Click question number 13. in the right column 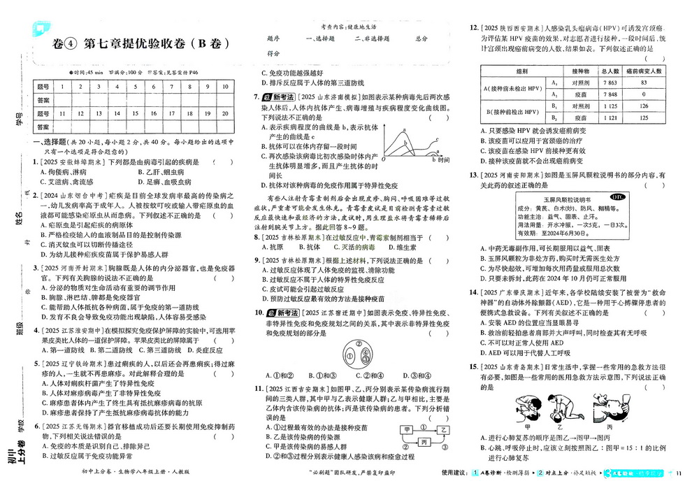[x=474, y=175]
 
